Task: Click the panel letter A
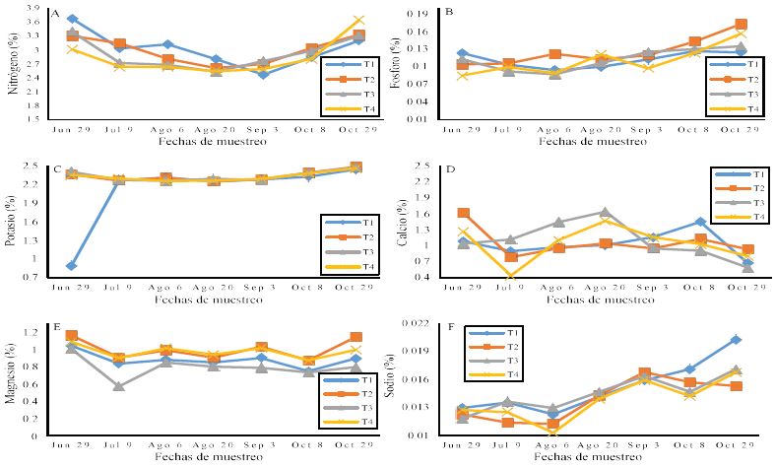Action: click(x=55, y=16)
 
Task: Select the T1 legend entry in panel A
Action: click(x=354, y=64)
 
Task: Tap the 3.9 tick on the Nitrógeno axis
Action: click(x=34, y=8)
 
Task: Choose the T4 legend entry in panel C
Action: click(x=354, y=267)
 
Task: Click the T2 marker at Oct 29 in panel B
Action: click(x=741, y=25)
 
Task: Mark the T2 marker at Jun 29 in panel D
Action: click(x=464, y=213)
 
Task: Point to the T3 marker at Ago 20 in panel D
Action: click(x=605, y=212)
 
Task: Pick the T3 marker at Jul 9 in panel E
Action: click(x=118, y=386)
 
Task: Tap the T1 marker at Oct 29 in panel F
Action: click(x=736, y=340)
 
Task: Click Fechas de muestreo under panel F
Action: click(x=597, y=456)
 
